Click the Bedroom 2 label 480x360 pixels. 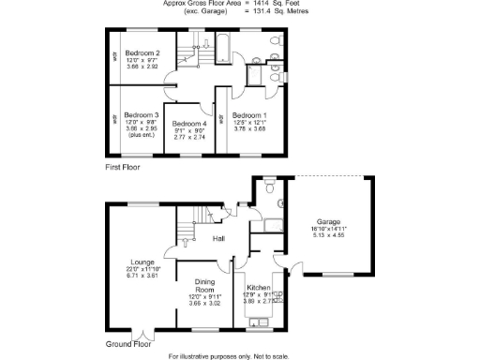(x=143, y=53)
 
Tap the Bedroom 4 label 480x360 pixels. (x=190, y=123)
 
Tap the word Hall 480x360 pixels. (x=218, y=239)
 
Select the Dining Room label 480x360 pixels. (x=204, y=285)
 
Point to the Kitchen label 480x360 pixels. (x=259, y=288)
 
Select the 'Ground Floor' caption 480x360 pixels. (x=127, y=344)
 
